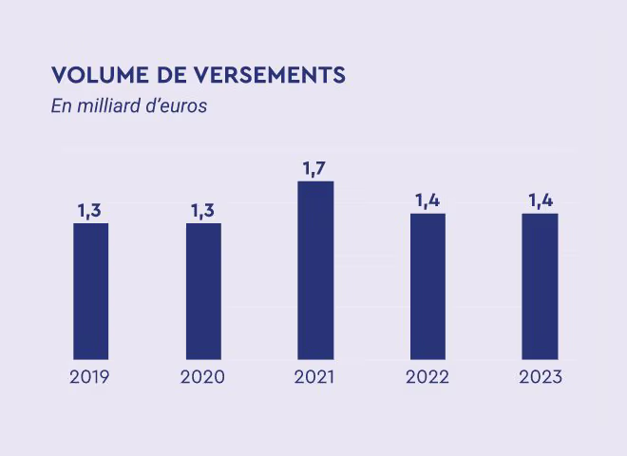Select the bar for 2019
pyautogui.click(x=90, y=291)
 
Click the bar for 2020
pyautogui.click(x=203, y=291)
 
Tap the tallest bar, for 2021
pyautogui.click(x=315, y=270)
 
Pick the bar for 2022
pyautogui.click(x=427, y=286)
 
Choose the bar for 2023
pyautogui.click(x=540, y=286)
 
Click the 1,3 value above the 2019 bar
pyautogui.click(x=90, y=211)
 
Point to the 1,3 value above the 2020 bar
pyautogui.click(x=203, y=211)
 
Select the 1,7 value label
pyautogui.click(x=314, y=168)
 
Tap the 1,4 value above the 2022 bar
pyautogui.click(x=427, y=200)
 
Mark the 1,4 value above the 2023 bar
pyautogui.click(x=541, y=200)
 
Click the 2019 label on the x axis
pyautogui.click(x=90, y=377)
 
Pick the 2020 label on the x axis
pyautogui.click(x=202, y=377)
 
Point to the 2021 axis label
pyautogui.click(x=314, y=377)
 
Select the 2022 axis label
pyautogui.click(x=427, y=377)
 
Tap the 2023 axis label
pyautogui.click(x=541, y=377)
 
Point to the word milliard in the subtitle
pyautogui.click(x=109, y=105)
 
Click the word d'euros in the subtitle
pyautogui.click(x=178, y=105)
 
